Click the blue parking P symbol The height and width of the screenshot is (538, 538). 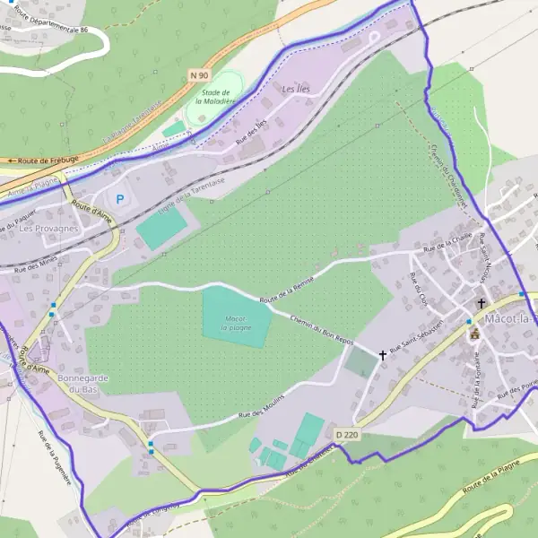(x=120, y=198)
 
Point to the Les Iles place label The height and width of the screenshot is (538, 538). (x=294, y=91)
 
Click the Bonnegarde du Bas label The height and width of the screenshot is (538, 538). (x=82, y=384)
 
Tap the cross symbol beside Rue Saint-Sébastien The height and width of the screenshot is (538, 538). (x=383, y=355)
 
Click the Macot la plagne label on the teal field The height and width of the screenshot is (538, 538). (x=238, y=324)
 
